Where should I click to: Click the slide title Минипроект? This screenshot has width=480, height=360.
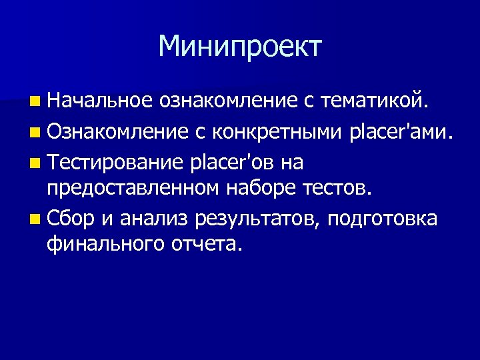tap(240, 47)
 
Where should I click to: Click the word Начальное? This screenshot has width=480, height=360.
tap(100, 101)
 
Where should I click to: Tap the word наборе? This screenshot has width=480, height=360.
tap(256, 189)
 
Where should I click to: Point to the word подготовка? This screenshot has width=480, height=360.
tap(383, 219)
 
